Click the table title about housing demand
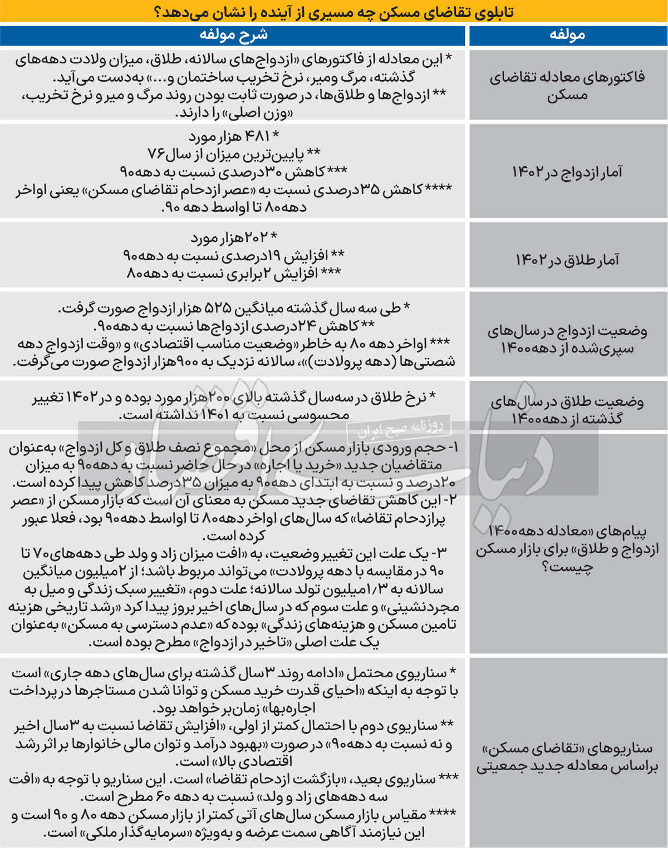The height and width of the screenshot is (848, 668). tap(334, 11)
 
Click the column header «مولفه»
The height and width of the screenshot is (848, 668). tap(567, 35)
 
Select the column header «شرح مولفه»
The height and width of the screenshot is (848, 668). tap(233, 35)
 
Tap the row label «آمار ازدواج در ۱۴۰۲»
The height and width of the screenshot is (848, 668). tap(567, 172)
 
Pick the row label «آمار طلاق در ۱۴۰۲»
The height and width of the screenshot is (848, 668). tap(567, 259)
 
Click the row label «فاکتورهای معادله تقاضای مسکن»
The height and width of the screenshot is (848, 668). tap(567, 86)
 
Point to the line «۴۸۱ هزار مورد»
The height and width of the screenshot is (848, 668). tap(233, 136)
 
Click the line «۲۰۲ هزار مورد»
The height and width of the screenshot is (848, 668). tap(233, 238)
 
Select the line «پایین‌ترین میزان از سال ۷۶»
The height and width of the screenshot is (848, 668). tap(233, 153)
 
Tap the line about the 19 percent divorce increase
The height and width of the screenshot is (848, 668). tap(233, 256)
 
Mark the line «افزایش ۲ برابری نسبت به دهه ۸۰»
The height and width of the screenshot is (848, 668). tap(233, 274)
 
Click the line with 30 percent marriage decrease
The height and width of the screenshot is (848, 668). tap(233, 171)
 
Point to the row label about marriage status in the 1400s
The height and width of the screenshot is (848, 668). tap(567, 339)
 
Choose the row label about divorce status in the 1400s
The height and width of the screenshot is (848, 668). tap(567, 409)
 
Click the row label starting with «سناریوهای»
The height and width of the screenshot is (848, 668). tap(567, 757)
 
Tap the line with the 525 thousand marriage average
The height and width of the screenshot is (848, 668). tap(233, 308)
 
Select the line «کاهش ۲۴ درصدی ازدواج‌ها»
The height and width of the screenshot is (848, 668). tap(233, 326)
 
